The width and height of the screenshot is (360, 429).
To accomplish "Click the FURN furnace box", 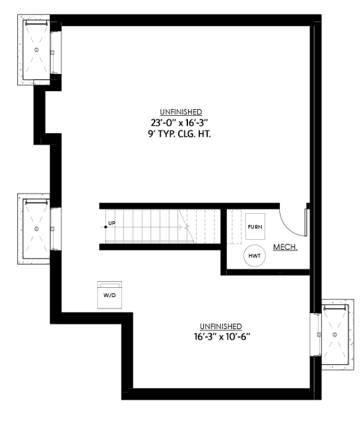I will click(x=255, y=227).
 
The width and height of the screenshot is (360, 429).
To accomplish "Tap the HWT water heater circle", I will click(x=255, y=255).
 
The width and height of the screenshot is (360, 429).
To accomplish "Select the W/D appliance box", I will click(x=109, y=294).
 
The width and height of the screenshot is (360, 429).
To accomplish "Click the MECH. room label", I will click(x=285, y=247).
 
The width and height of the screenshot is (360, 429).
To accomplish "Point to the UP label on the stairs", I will click(x=111, y=222).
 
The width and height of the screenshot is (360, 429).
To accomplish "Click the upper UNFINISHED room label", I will click(x=181, y=112).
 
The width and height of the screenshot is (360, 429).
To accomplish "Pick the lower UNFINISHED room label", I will click(x=221, y=326).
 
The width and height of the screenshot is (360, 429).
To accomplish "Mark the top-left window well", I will click(x=37, y=50).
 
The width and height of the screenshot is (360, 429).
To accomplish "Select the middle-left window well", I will click(x=37, y=228).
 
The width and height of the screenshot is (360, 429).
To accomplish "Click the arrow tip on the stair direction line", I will click(x=189, y=227).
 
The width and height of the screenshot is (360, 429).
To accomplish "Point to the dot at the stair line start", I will click(x=105, y=227).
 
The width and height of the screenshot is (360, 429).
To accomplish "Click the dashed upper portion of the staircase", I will click(x=203, y=227).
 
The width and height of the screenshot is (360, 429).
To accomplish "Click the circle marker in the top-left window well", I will click(x=37, y=50).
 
